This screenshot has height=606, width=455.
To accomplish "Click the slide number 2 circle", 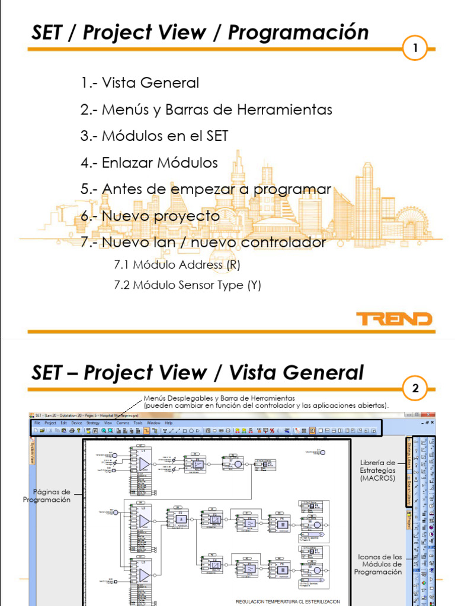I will click(416, 389).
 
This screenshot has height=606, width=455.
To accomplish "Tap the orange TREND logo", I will click(393, 319).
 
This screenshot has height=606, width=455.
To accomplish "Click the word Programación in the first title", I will click(298, 33).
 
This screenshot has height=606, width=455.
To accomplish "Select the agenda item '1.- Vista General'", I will click(140, 83).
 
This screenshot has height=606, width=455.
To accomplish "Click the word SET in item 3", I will click(217, 136).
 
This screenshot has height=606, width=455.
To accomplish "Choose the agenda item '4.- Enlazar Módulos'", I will click(149, 163).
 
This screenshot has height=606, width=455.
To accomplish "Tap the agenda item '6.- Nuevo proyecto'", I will click(150, 216).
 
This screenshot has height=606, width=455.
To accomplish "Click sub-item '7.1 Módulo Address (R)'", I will click(177, 265).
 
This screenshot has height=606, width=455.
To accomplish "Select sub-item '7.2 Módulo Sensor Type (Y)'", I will click(187, 285).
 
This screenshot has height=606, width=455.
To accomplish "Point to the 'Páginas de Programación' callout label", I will click(47, 496).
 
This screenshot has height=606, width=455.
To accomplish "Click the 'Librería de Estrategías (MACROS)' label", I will click(377, 470).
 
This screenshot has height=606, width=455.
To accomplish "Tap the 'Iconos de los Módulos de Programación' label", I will click(380, 564).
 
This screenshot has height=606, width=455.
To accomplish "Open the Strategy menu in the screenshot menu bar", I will click(93, 423).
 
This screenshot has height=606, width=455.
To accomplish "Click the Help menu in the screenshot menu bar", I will click(168, 423).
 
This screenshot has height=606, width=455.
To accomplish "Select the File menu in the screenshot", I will click(37, 423).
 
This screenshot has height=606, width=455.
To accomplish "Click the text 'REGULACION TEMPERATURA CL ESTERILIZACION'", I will click(288, 601).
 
